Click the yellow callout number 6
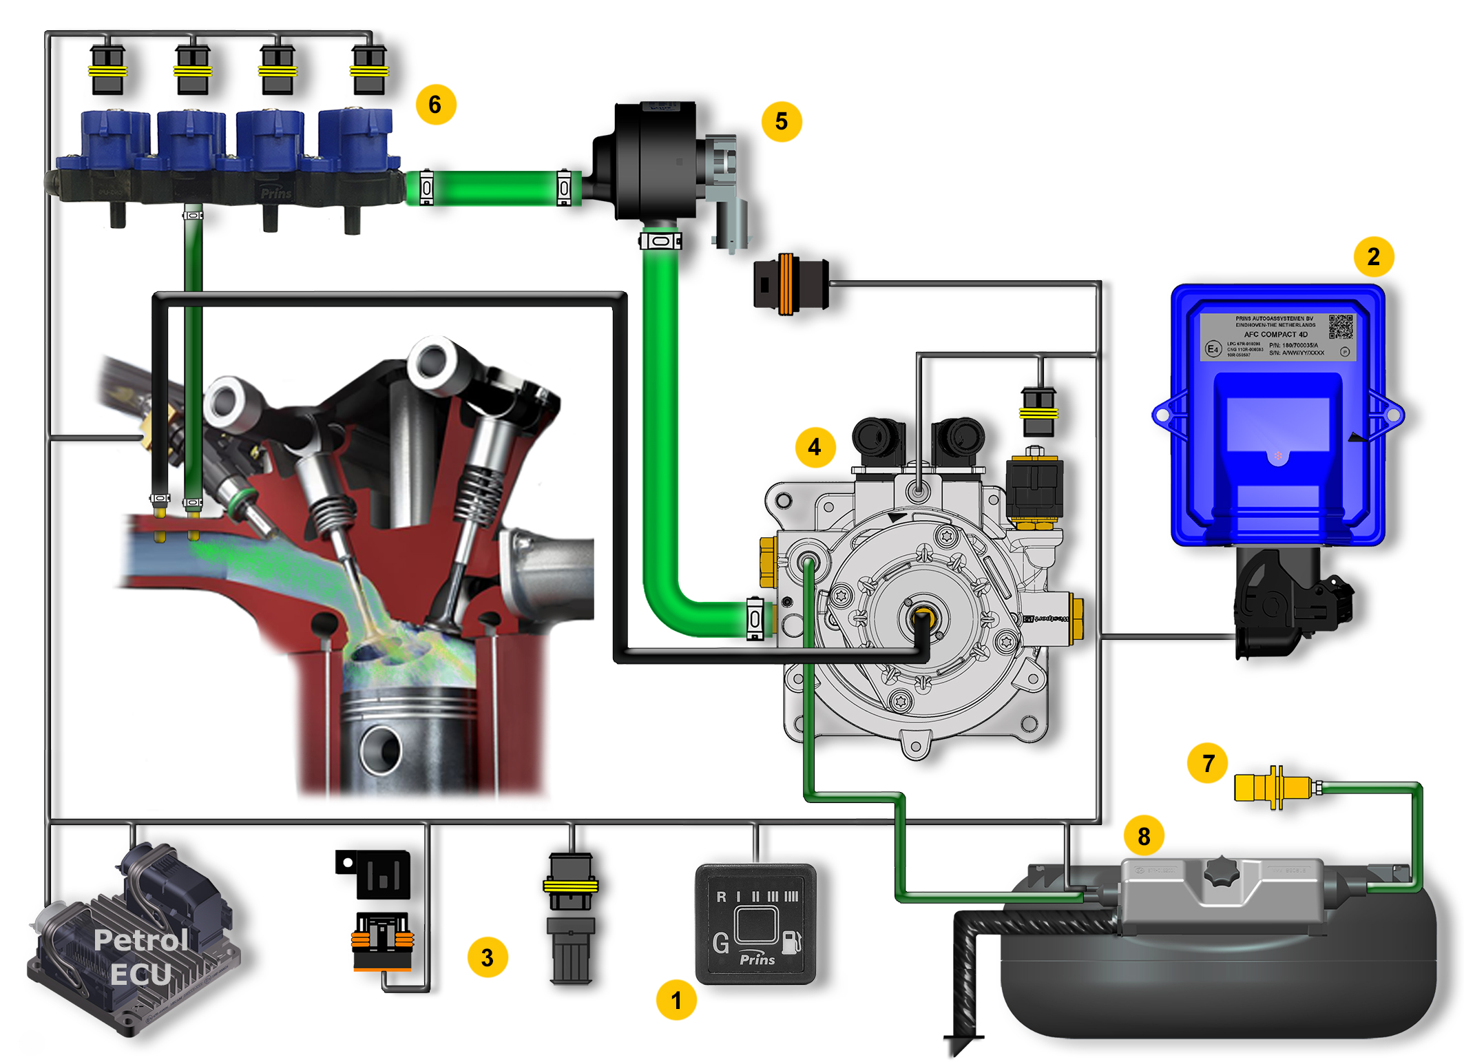coord(435,105)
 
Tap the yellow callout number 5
coord(781,122)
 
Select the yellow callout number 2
coord(1373,257)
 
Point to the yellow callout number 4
coord(815,448)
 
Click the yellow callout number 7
coord(1207,763)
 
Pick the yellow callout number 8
coord(1144,836)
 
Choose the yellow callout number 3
coord(488,957)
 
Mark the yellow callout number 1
coord(676,1000)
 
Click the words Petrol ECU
coord(141,957)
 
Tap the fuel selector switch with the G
coord(755,924)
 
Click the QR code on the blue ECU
coord(1340,327)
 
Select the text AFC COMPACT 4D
coord(1275,335)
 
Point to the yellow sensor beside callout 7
coord(1274,787)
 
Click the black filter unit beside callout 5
coord(651,162)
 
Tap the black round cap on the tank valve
coord(1222,872)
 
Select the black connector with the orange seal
coord(790,284)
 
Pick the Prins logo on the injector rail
coord(276,194)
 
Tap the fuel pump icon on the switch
coord(792,941)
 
